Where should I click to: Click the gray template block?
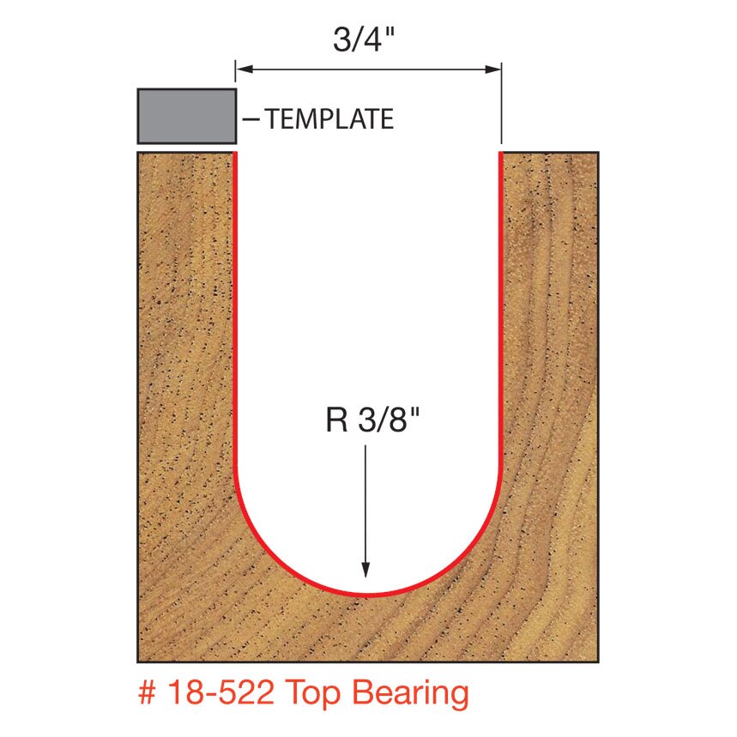pyautogui.click(x=186, y=116)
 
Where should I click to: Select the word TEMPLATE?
pyautogui.click(x=329, y=119)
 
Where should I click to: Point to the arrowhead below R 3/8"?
pyautogui.click(x=367, y=570)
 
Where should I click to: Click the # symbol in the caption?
pyautogui.click(x=147, y=693)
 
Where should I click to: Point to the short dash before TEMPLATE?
pyautogui.click(x=251, y=119)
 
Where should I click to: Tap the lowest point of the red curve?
pyautogui.click(x=367, y=594)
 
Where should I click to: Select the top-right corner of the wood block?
pyautogui.click(x=598, y=153)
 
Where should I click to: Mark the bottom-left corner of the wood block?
pyautogui.click(x=138, y=662)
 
